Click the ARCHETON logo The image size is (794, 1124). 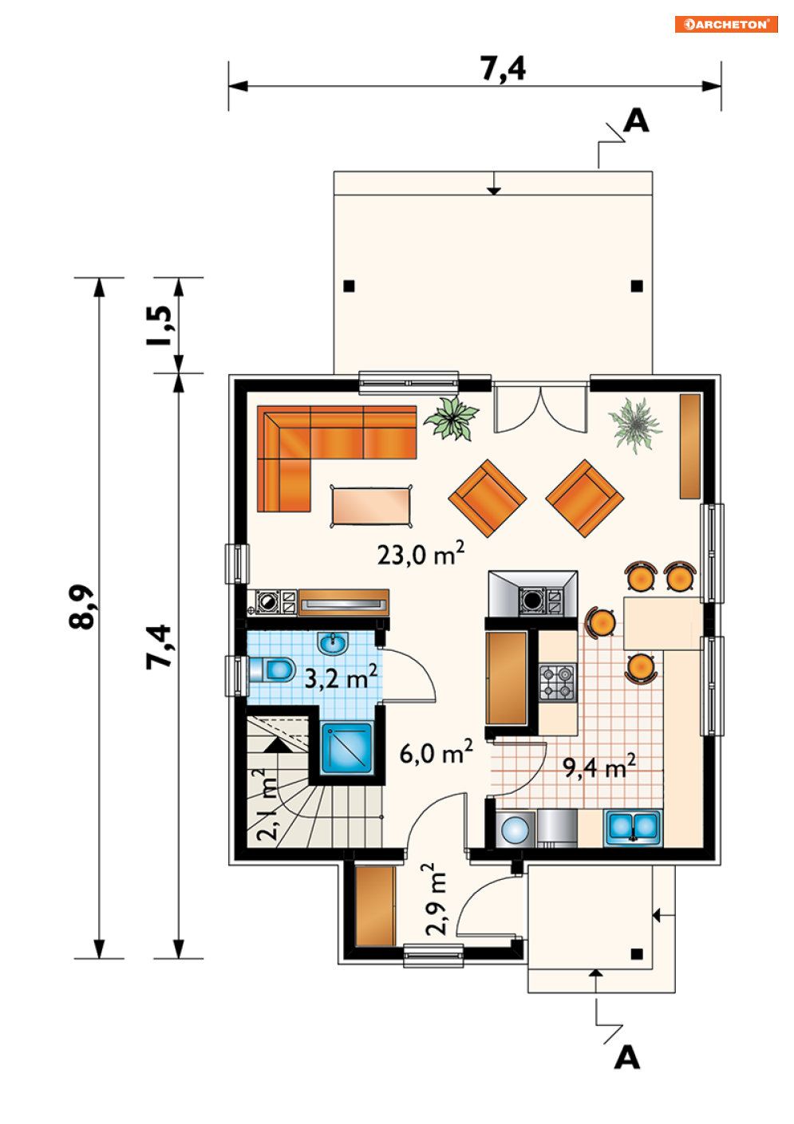pos(725,25)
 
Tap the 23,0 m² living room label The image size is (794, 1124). pos(421,553)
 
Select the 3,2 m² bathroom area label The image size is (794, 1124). pos(341,677)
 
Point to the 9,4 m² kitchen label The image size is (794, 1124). pos(599,767)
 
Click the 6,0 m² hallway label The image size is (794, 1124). pos(436,752)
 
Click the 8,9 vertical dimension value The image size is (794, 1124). pos(81,606)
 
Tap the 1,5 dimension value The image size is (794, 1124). pos(159,326)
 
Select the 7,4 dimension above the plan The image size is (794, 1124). pos(503,69)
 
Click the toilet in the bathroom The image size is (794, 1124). pos(271,668)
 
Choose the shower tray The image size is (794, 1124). pos(347,747)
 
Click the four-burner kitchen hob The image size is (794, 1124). pos(558,682)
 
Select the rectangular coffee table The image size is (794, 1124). pos(371,506)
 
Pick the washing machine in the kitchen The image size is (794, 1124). pos(516,830)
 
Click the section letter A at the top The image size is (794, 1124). pos(636,121)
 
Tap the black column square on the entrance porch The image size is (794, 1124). pos(637,954)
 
